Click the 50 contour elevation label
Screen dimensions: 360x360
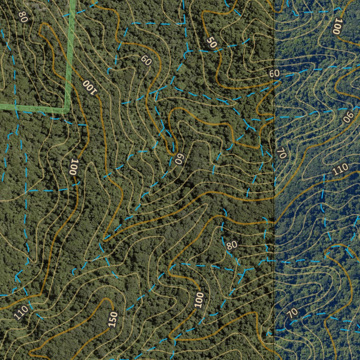212,43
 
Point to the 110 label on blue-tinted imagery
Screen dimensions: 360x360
340,170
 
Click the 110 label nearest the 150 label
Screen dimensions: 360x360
21,312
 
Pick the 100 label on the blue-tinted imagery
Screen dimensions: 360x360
337,26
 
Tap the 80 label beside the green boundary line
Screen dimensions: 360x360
23,17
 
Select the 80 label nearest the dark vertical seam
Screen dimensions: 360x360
232,245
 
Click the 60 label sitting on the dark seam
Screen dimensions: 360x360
274,73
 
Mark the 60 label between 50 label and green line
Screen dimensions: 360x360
146,60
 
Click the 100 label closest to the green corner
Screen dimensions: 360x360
89,87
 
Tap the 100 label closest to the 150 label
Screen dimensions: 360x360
199,300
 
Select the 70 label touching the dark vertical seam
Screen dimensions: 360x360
281,153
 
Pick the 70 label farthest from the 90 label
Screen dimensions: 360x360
292,312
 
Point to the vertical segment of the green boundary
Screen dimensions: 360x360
70,53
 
